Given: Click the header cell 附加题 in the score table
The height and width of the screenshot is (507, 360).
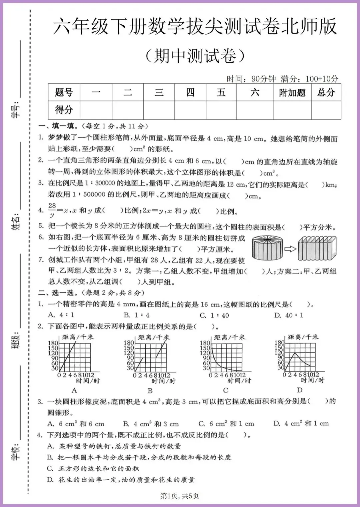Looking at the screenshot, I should tap(292, 93).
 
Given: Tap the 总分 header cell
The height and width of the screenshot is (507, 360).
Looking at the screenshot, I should tap(326, 93).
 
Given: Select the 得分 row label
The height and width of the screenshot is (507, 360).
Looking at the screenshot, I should tap(64, 110).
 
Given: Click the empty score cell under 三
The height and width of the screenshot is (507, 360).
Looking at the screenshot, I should tap(159, 110).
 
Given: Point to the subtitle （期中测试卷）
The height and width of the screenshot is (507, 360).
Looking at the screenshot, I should tap(195, 56).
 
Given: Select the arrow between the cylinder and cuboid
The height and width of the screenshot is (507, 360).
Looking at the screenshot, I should tap(290, 248).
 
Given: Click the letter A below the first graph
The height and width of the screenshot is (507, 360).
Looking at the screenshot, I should tap(74, 390).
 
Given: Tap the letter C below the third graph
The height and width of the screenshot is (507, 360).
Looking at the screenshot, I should tap(226, 390).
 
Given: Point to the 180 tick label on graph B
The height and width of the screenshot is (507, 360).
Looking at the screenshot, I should tap(129, 343).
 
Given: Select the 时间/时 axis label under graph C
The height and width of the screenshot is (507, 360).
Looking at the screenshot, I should tap(239, 381).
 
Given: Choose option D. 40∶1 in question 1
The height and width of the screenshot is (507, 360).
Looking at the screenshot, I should tap(289, 315).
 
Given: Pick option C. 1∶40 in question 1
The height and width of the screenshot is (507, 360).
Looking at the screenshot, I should tap(214, 315).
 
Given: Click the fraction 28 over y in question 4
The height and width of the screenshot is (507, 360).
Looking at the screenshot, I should tap(52, 210).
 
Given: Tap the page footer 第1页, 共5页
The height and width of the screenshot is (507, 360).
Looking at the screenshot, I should tap(180, 496).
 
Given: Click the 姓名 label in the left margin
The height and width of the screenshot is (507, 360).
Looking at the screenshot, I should tap(16, 221).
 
